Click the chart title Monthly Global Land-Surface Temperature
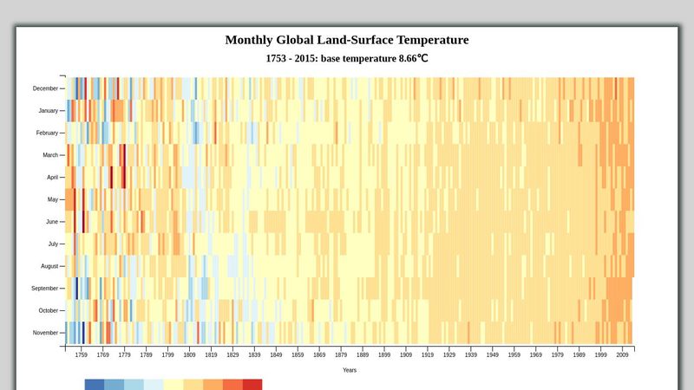pos(346,40)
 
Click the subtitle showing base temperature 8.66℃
pos(346,59)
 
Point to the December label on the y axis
pos(45,88)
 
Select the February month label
pos(46,133)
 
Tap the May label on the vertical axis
pos(51,199)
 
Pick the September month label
pos(44,289)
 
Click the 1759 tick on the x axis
pos(82,354)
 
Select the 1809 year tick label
pos(189,354)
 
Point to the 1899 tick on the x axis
pos(384,354)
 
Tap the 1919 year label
pos(428,354)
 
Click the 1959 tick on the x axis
pos(514,354)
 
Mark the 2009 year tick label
pos(623,354)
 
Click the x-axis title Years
pos(349,370)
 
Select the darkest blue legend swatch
pos(95,384)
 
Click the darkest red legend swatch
pos(252,384)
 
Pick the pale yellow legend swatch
pos(173,384)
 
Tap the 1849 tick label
pos(276,354)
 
